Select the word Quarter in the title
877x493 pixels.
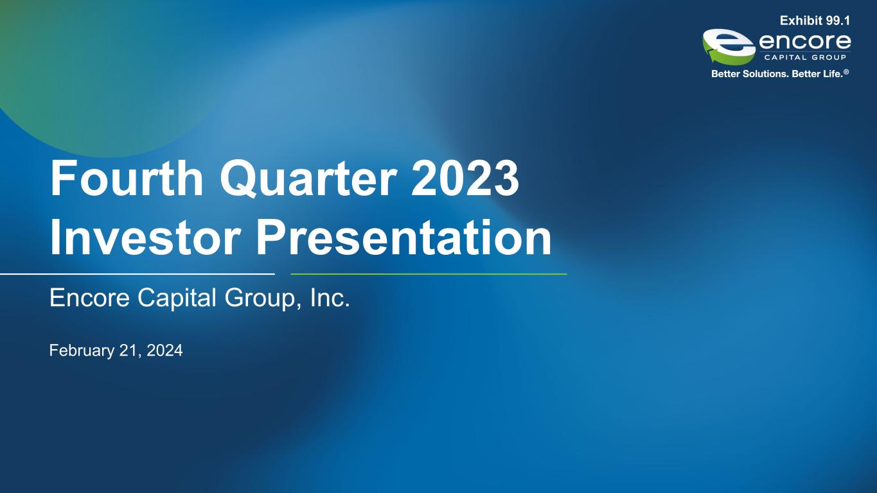point(308,179)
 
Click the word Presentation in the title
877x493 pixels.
point(403,237)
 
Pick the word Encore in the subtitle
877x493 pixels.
point(89,298)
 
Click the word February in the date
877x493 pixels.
point(82,351)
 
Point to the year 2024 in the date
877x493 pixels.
point(164,350)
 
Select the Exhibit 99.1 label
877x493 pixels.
point(815,21)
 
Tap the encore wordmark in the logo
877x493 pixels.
point(804,42)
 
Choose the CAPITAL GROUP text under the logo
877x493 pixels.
point(805,58)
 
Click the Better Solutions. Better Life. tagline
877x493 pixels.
point(777,74)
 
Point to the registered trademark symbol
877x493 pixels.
point(846,72)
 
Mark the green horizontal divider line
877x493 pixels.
point(429,274)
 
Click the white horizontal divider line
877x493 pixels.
point(137,274)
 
